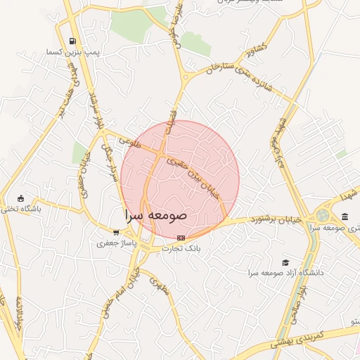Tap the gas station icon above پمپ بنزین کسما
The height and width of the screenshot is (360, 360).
pyautogui.click(x=74, y=41)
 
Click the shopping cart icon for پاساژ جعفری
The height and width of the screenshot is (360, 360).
pyautogui.click(x=116, y=232)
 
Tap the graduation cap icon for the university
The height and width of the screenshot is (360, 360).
pyautogui.click(x=285, y=262)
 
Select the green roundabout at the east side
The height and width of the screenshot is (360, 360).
pyautogui.click(x=323, y=215)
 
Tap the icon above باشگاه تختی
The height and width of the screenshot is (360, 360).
pyautogui.click(x=20, y=198)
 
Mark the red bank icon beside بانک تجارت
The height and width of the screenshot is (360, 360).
pyautogui.click(x=181, y=238)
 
